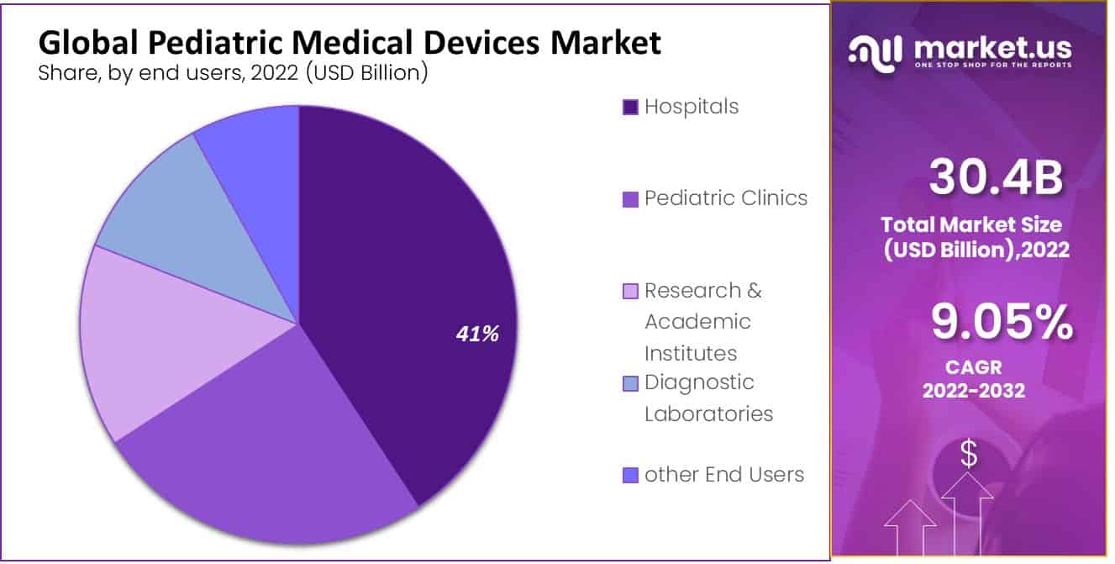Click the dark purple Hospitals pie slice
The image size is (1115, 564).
point(403,277)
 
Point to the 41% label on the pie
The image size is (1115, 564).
point(477,335)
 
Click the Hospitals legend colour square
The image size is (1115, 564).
point(630,108)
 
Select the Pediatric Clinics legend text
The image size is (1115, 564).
point(725,198)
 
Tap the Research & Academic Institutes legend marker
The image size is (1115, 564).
point(630,292)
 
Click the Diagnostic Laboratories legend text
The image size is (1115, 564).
point(708,398)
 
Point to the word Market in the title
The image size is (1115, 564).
point(605,43)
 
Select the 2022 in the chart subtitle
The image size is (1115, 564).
point(276,73)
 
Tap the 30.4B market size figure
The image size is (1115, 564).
point(996,179)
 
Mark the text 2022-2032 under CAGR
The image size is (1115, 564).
point(974,391)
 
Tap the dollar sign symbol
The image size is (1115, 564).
point(969,455)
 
